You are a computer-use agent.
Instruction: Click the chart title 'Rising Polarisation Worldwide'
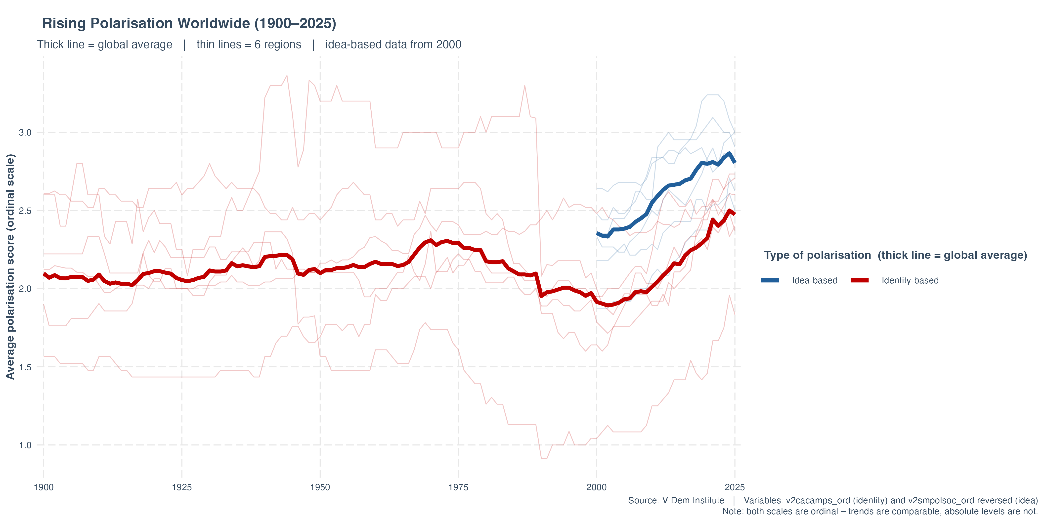pyautogui.click(x=189, y=24)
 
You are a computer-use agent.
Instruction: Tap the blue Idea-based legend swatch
pyautogui.click(x=770, y=280)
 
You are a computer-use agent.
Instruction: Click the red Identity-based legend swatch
pyautogui.click(x=860, y=280)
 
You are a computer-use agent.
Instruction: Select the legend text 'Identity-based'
pyautogui.click(x=910, y=280)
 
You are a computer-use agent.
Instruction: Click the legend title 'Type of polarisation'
pyautogui.click(x=817, y=255)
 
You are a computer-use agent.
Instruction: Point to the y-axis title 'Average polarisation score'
pyautogui.click(x=10, y=267)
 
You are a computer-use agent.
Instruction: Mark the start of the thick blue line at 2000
pyautogui.click(x=597, y=233)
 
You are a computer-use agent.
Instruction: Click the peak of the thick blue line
pyautogui.click(x=729, y=153)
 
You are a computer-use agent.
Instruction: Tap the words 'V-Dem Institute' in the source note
pyautogui.click(x=693, y=501)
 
